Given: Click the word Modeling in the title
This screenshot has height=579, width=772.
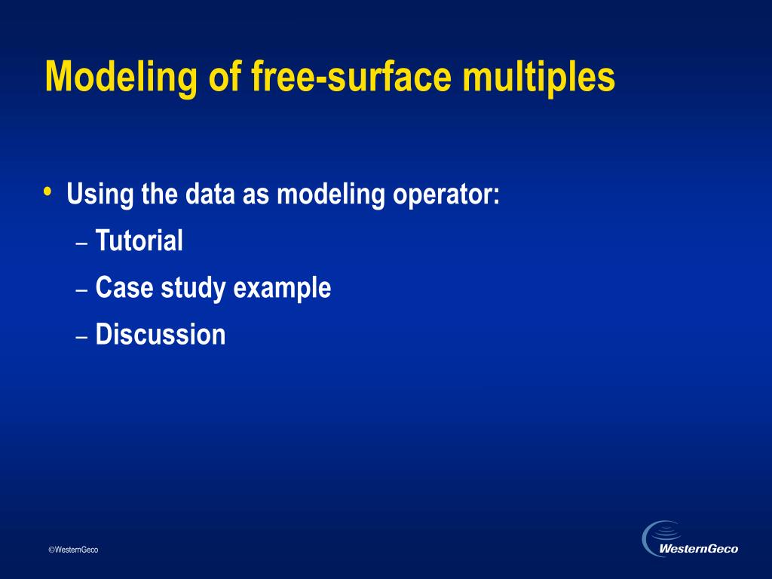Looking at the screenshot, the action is [121, 78].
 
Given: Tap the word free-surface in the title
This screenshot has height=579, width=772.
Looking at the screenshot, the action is [351, 76].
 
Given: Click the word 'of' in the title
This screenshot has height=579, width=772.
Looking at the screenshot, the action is [225, 76].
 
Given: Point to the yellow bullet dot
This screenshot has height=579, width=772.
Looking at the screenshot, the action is [47, 191].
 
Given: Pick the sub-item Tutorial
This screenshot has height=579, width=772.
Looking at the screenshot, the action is [139, 240].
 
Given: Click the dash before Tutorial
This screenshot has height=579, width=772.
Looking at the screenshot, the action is [81, 244].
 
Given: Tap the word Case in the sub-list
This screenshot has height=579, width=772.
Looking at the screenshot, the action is [124, 287].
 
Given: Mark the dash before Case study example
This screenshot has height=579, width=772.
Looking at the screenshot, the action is [81, 290].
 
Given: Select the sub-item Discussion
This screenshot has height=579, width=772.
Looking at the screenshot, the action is [161, 334].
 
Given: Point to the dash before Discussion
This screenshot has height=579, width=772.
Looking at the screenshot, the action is [81, 337].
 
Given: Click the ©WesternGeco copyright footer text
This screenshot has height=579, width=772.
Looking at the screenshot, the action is [73, 550].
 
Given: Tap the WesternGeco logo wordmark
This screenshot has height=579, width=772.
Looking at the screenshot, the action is [698, 549].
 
